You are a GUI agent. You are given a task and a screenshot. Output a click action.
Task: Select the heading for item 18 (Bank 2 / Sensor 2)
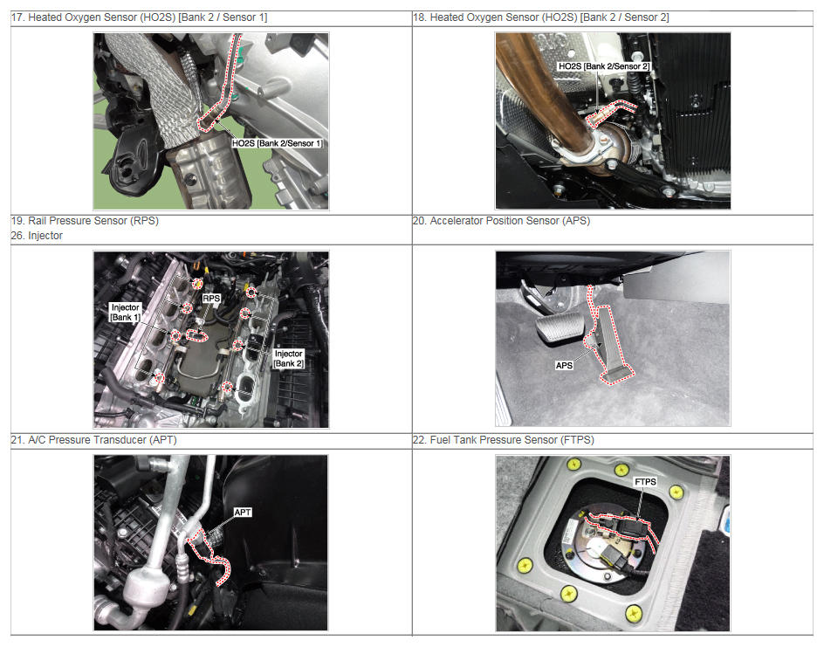click(x=541, y=17)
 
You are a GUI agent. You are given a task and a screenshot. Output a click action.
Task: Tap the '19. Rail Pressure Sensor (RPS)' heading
click(x=85, y=221)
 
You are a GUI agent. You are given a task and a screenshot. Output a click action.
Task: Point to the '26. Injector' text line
click(x=37, y=236)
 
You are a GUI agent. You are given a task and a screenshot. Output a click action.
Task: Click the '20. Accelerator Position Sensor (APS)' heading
click(x=501, y=221)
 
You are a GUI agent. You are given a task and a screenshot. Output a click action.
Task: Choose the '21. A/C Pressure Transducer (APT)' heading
click(x=93, y=440)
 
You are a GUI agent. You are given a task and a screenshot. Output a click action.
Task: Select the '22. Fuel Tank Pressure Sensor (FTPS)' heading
click(x=504, y=440)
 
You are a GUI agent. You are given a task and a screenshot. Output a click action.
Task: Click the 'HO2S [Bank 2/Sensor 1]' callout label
click(x=277, y=143)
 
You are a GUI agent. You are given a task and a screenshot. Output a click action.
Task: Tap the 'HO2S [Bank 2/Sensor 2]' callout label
click(x=604, y=66)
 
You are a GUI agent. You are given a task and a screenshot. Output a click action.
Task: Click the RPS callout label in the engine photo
click(x=211, y=299)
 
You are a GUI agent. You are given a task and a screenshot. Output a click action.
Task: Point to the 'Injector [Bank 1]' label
click(x=125, y=313)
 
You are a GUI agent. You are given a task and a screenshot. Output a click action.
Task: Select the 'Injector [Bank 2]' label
click(x=289, y=359)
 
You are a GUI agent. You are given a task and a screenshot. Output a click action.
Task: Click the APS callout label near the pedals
click(x=564, y=365)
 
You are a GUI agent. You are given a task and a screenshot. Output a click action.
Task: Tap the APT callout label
click(x=243, y=512)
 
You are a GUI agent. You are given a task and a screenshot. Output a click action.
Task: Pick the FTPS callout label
click(x=645, y=481)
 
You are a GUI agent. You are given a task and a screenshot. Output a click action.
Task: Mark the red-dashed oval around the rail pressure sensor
click(x=197, y=335)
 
